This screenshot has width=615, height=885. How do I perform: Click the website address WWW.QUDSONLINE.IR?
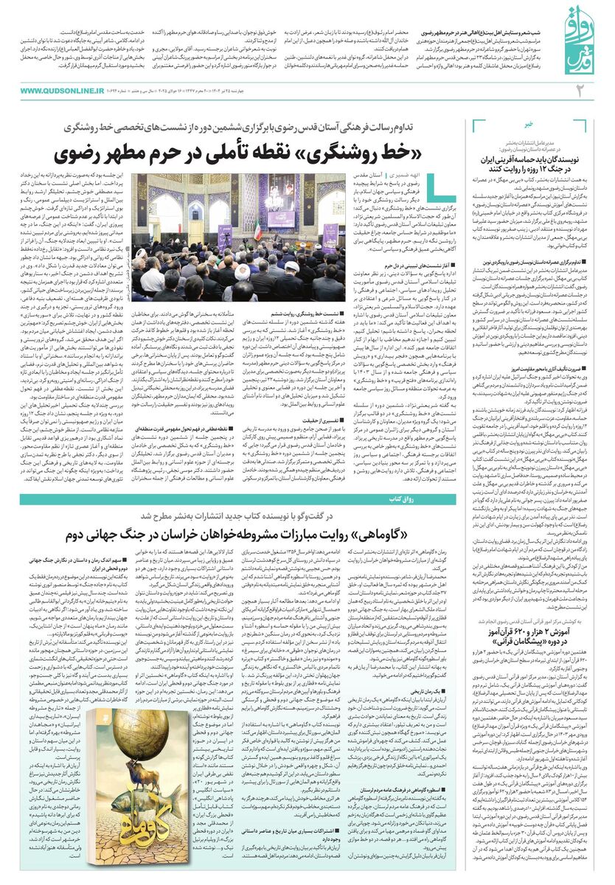[x=63, y=90]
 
